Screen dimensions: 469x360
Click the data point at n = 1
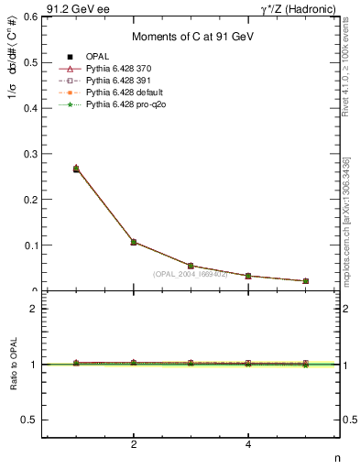click(76, 169)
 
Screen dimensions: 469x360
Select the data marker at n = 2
click(134, 242)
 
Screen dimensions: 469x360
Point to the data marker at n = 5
click(305, 281)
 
